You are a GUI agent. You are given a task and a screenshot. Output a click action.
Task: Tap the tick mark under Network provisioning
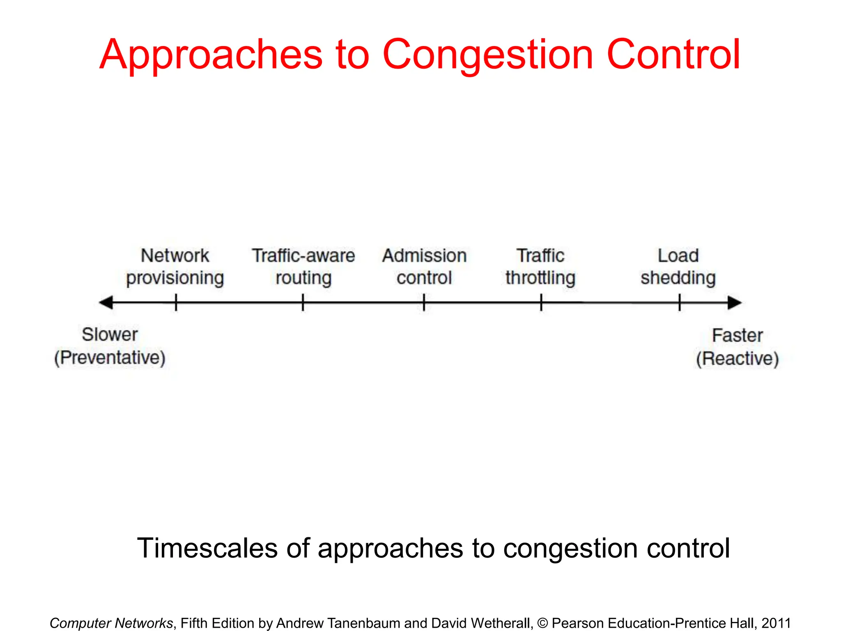tap(176, 302)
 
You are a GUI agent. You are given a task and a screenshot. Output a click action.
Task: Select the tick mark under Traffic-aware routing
tap(303, 302)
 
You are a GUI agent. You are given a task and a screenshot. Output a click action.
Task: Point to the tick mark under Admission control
tap(424, 302)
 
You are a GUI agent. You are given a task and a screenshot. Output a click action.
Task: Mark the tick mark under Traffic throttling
tap(541, 302)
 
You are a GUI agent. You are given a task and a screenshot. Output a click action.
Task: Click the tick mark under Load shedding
tap(680, 302)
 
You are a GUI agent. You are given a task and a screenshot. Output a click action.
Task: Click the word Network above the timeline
tap(175, 256)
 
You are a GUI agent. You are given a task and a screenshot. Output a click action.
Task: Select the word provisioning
tap(175, 279)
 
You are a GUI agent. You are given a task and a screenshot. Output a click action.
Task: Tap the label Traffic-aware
tap(303, 256)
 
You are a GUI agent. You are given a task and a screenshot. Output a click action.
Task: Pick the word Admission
tap(424, 256)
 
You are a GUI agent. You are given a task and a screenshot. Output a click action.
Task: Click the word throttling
tap(540, 278)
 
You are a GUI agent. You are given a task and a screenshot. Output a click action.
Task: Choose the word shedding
tap(678, 278)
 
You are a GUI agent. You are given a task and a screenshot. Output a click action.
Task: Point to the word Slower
tap(110, 334)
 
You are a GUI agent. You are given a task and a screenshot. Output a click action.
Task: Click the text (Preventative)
tap(110, 357)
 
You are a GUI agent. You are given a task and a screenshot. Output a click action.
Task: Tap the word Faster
tap(737, 335)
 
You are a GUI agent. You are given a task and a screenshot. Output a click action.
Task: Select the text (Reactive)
tap(737, 358)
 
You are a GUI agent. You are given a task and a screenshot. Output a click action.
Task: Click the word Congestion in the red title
tap(488, 55)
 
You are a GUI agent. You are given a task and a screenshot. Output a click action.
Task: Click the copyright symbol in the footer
tap(542, 623)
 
